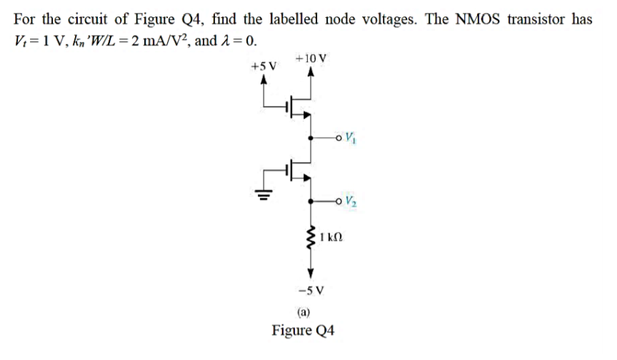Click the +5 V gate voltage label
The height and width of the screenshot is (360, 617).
click(264, 66)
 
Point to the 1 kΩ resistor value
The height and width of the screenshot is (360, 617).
click(332, 236)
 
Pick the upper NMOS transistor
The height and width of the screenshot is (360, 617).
click(300, 107)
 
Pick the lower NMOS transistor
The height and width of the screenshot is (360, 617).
click(300, 170)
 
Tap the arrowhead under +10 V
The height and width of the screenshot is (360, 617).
click(311, 72)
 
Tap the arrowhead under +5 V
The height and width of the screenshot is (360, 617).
click(265, 81)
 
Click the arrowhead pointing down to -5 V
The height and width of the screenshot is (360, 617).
click(311, 274)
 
